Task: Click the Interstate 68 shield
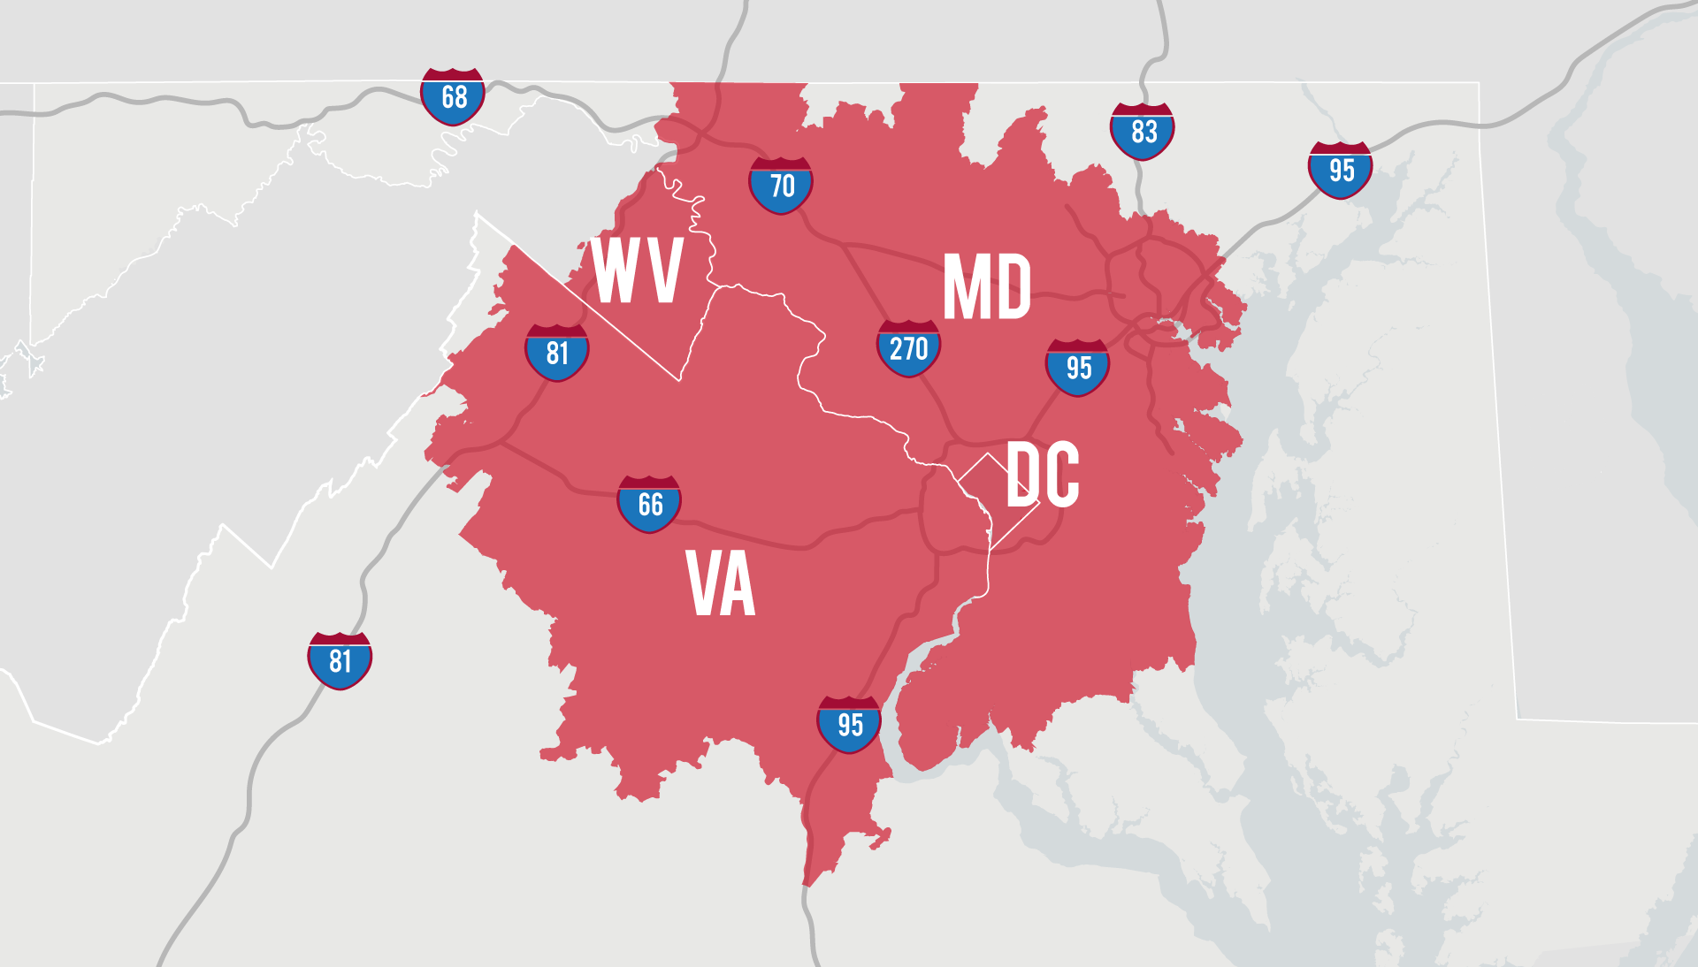click(x=452, y=96)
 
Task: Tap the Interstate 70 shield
click(x=780, y=186)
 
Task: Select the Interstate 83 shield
click(x=1142, y=132)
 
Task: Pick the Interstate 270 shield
click(x=908, y=349)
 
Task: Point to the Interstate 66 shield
click(x=649, y=504)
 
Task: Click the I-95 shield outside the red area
click(x=1340, y=170)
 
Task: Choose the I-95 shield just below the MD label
click(x=1077, y=368)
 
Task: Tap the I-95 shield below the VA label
click(x=849, y=725)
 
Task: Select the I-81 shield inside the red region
click(x=556, y=353)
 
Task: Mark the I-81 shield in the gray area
click(x=340, y=660)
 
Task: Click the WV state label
click(x=637, y=270)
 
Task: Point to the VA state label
click(x=721, y=583)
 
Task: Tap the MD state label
click(x=987, y=287)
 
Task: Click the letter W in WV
click(x=616, y=270)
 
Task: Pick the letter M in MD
click(x=964, y=287)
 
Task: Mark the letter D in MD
click(x=1011, y=287)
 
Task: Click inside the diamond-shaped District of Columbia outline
click(x=990, y=499)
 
